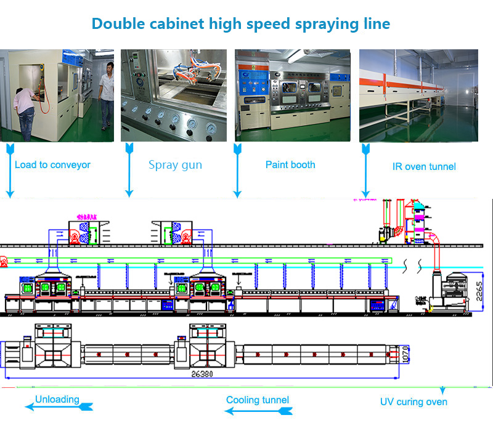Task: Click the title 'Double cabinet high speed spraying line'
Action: point(240,24)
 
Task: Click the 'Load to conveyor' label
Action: point(52,164)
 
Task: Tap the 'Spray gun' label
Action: point(175,164)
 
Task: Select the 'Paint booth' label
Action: point(290,164)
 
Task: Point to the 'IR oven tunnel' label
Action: point(424,166)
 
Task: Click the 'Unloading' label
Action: point(57,399)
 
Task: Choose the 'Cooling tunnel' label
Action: point(258,400)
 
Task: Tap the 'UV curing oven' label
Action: point(414,402)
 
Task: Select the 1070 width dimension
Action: point(406,354)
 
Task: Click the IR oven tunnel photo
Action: point(418,95)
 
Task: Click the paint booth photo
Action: point(292,95)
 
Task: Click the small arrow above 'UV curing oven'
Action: point(442,390)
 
